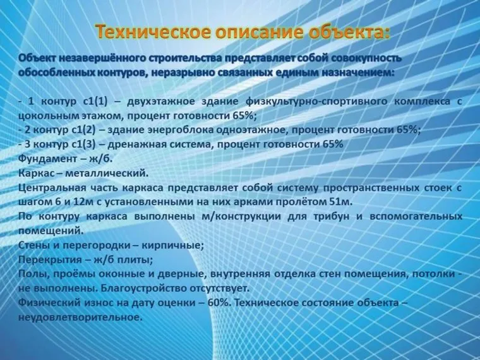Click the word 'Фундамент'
coord(46,159)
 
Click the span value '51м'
coord(342,202)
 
